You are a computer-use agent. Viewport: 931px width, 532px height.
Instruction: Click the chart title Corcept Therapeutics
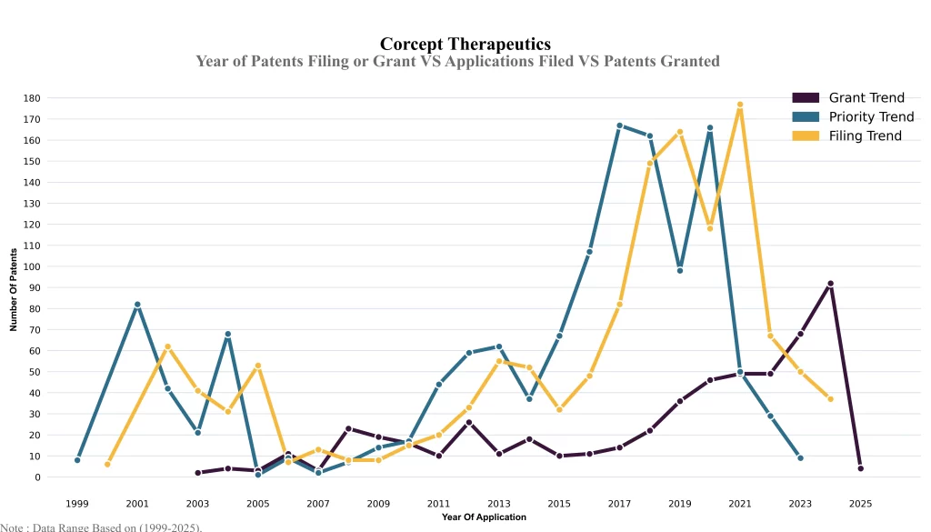(x=465, y=44)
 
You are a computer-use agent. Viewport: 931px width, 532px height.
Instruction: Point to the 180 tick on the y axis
(x=32, y=98)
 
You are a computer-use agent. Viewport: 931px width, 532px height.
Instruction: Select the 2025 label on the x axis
(x=860, y=502)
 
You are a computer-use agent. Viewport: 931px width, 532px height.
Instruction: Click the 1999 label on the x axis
(x=77, y=502)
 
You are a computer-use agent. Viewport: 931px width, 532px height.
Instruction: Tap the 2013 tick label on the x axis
(x=499, y=502)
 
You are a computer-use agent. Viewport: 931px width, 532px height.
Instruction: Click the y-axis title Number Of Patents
(x=15, y=287)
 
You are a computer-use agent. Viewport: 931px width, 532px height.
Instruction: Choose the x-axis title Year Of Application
(x=484, y=517)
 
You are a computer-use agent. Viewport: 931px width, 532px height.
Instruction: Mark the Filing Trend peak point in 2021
(x=740, y=105)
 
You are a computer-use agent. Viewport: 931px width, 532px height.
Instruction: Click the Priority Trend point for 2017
(x=619, y=125)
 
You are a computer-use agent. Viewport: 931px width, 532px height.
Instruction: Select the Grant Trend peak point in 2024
(x=830, y=284)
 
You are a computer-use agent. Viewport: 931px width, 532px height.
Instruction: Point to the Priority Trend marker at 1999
(x=77, y=460)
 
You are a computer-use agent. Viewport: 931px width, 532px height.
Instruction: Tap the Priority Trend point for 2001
(x=137, y=305)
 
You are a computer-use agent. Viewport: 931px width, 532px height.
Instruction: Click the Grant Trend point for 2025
(x=860, y=468)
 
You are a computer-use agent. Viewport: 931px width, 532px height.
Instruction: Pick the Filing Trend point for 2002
(x=167, y=346)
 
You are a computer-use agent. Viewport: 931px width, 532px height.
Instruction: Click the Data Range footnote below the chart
(x=101, y=527)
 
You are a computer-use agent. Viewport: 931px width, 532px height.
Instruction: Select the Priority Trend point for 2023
(x=800, y=457)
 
